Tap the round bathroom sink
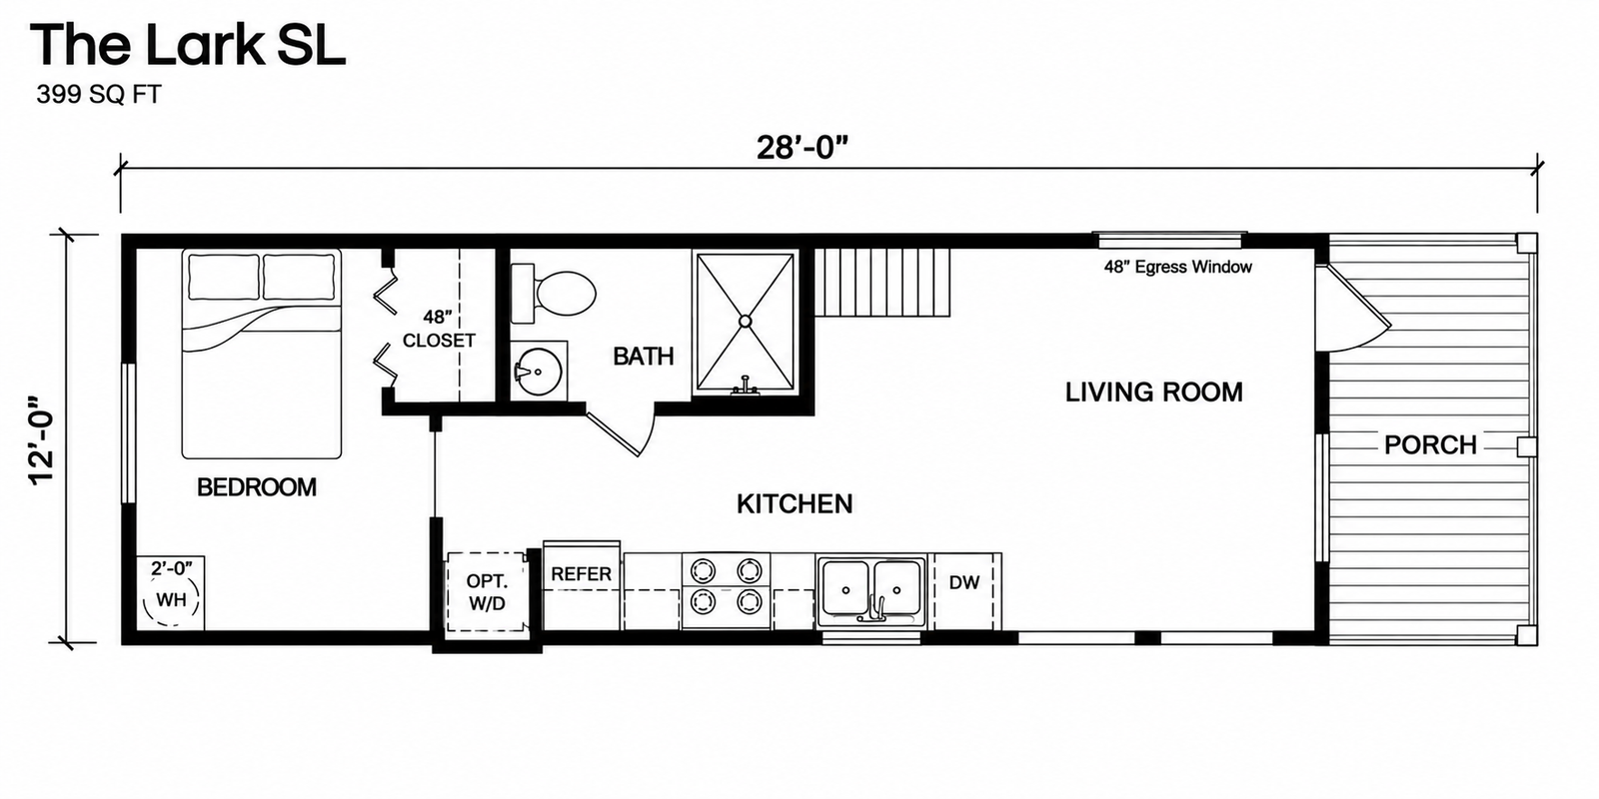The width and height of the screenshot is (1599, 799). pos(539,372)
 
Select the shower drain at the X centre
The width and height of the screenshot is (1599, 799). pos(745,322)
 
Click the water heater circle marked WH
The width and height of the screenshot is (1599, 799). pos(171,600)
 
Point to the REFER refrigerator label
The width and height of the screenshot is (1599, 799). pos(581,574)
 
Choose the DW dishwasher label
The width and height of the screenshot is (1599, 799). pos(963,582)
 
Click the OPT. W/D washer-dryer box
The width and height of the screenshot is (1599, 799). pos(487,592)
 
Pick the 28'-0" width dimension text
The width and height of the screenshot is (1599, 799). pos(801,148)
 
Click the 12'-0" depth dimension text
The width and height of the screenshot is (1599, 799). pos(41,440)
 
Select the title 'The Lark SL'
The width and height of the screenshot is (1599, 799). pos(188,44)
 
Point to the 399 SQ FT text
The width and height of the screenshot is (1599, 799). pos(99,94)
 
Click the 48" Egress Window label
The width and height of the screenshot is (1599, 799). pos(1178,267)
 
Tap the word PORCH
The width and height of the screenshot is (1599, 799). pos(1430,445)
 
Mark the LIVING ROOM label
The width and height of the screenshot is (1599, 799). pos(1154,393)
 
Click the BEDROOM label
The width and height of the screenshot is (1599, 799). pos(257,487)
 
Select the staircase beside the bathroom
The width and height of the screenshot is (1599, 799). pos(883,282)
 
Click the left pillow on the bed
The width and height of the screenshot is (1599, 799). pos(224,277)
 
